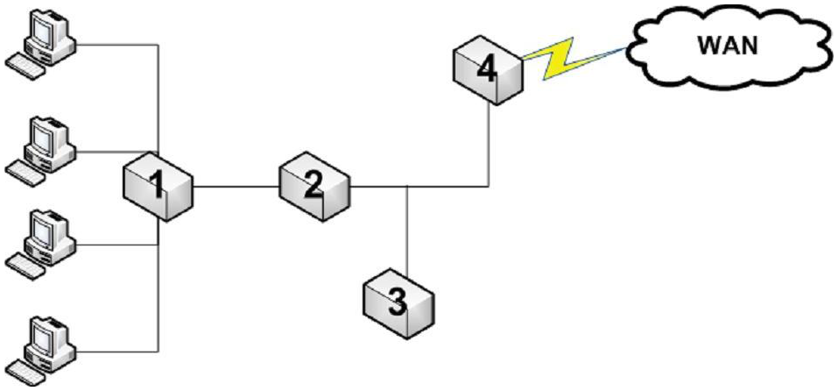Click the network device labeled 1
coord(158,185)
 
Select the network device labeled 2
coord(314,185)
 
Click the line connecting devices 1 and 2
coord(236,186)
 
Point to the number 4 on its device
coord(484,68)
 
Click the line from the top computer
coord(114,44)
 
